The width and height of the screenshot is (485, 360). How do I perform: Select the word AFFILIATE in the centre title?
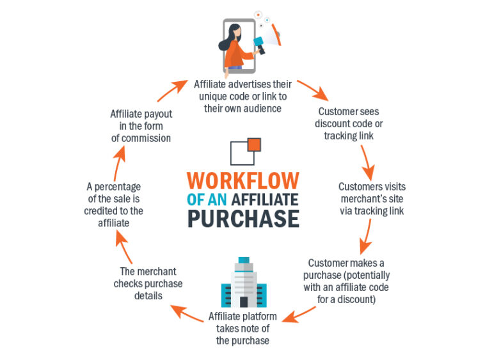coord(261,199)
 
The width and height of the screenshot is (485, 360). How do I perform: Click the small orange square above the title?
coord(253,144)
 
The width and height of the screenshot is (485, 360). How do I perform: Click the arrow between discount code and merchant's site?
coord(368,162)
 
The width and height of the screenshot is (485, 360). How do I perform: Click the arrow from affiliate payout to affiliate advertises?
coord(173,90)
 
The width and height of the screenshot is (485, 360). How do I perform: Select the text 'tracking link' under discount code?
coord(349,136)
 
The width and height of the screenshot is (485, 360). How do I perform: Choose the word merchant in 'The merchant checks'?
coord(156,271)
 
